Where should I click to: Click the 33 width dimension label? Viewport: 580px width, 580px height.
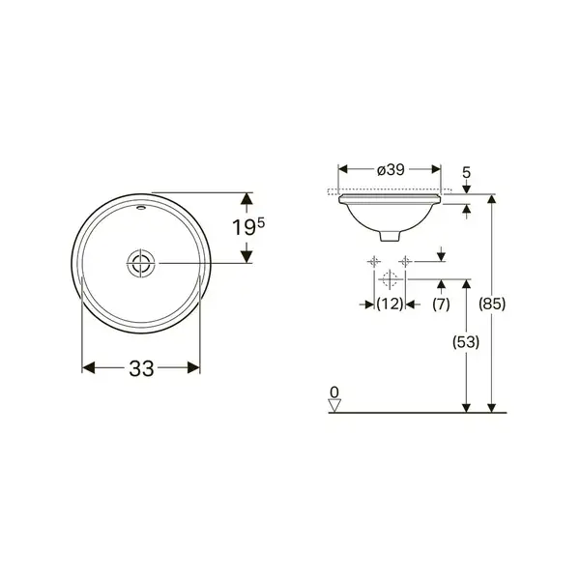point(141,368)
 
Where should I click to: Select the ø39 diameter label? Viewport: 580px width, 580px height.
point(391,170)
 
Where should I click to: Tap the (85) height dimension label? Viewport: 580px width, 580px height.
point(492,304)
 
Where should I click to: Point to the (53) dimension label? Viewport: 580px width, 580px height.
point(466,342)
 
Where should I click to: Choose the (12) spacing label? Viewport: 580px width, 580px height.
point(390,304)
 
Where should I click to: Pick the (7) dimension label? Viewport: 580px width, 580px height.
point(441,304)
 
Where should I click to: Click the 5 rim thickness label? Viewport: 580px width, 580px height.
point(467,172)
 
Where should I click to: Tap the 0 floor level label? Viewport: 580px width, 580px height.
point(334,392)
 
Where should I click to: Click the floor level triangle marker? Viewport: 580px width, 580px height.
point(334,406)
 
